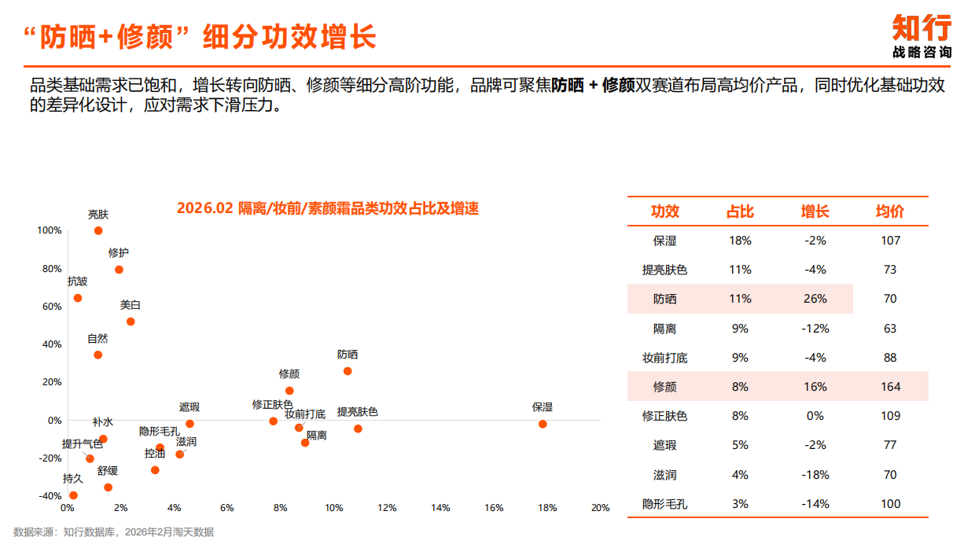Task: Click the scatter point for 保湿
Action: (x=543, y=424)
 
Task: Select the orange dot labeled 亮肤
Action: (x=98, y=230)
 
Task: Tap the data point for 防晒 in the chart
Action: (x=348, y=371)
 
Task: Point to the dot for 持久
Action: (x=73, y=495)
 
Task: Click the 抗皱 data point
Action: (x=78, y=298)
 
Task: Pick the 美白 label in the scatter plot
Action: (x=131, y=305)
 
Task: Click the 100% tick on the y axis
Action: (x=50, y=230)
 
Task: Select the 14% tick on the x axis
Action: (x=440, y=508)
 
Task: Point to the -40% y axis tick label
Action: (x=49, y=496)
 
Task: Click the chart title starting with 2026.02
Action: (x=327, y=208)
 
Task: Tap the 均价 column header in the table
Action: (x=890, y=211)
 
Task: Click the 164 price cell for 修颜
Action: (x=890, y=387)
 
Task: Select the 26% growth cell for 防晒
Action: (x=815, y=299)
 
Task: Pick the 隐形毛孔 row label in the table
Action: (x=664, y=504)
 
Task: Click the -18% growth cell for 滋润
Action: (x=815, y=475)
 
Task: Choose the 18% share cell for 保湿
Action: (x=740, y=241)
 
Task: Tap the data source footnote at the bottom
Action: (x=113, y=532)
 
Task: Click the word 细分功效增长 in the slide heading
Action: (x=290, y=37)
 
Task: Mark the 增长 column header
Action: (x=815, y=211)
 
